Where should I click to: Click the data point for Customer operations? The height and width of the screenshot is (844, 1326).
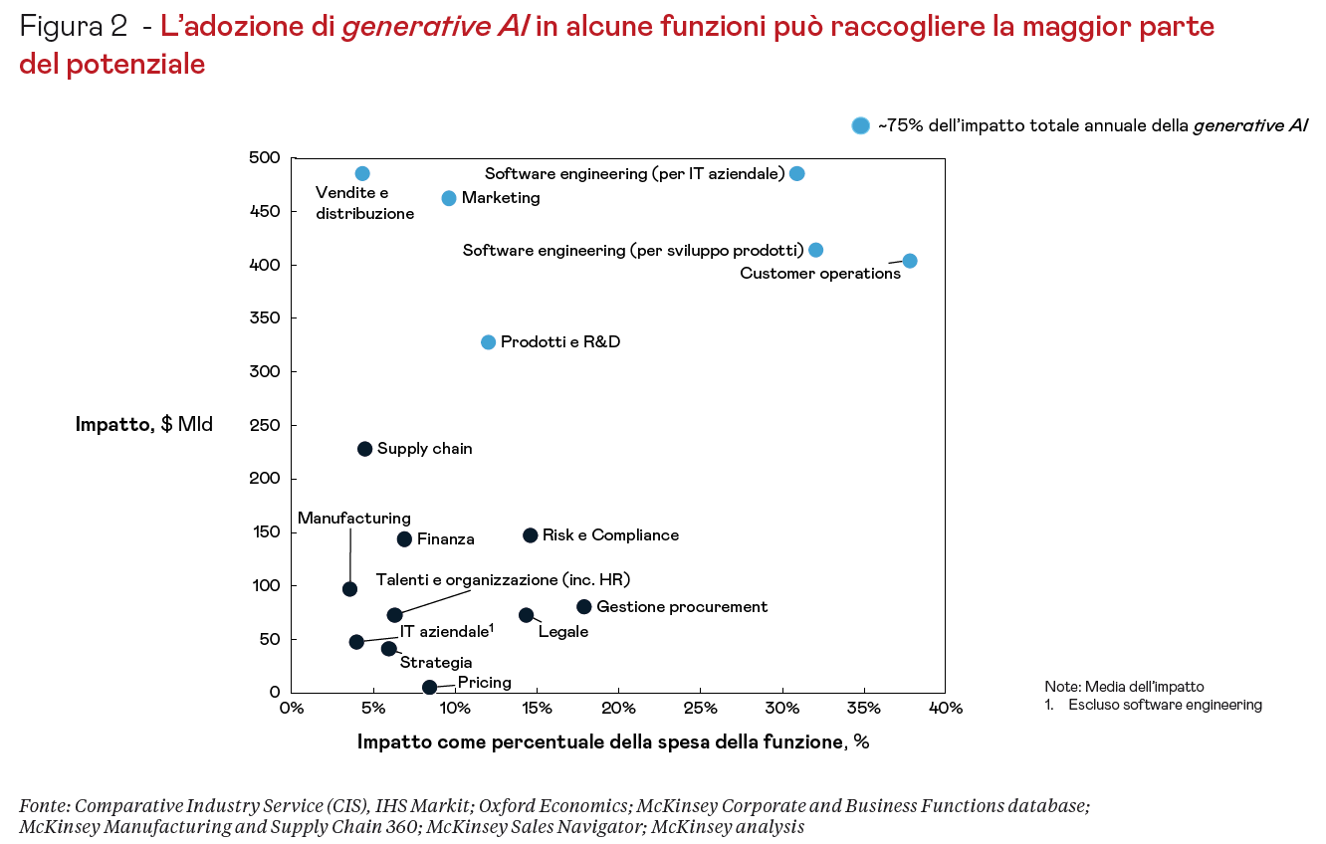tap(909, 261)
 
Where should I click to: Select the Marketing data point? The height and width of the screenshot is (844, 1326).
tap(449, 198)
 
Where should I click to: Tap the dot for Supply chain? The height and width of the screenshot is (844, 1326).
tap(364, 449)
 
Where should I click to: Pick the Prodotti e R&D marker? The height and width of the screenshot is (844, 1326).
tap(488, 342)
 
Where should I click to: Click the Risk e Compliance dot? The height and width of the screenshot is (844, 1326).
tap(530, 535)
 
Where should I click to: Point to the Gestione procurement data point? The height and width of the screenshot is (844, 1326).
tap(583, 607)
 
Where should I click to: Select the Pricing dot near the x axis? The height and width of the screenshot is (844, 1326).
tap(429, 687)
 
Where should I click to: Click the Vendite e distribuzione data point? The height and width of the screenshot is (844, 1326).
tap(362, 174)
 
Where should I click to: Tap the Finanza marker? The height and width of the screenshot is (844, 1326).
tap(404, 539)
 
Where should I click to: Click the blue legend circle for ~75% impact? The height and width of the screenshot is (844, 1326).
tap(860, 125)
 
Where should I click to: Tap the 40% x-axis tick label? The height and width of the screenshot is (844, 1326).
tap(945, 709)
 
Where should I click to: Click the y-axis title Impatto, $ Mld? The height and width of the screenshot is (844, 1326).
tap(143, 425)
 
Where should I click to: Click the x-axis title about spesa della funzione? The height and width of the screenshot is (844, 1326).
tap(613, 742)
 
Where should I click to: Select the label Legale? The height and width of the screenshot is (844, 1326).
tap(562, 631)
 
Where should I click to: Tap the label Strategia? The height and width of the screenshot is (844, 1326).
tap(435, 662)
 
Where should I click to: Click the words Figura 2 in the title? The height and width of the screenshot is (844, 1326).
tap(73, 27)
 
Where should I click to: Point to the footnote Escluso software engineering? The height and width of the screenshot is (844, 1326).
tap(1165, 705)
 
